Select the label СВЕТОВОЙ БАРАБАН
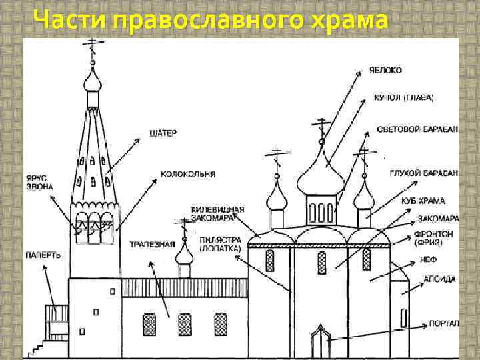417,129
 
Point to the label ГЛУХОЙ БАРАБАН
423,173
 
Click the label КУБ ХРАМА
423,200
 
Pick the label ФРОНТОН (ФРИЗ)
433,238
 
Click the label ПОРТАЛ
443,323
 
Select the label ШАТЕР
163,133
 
